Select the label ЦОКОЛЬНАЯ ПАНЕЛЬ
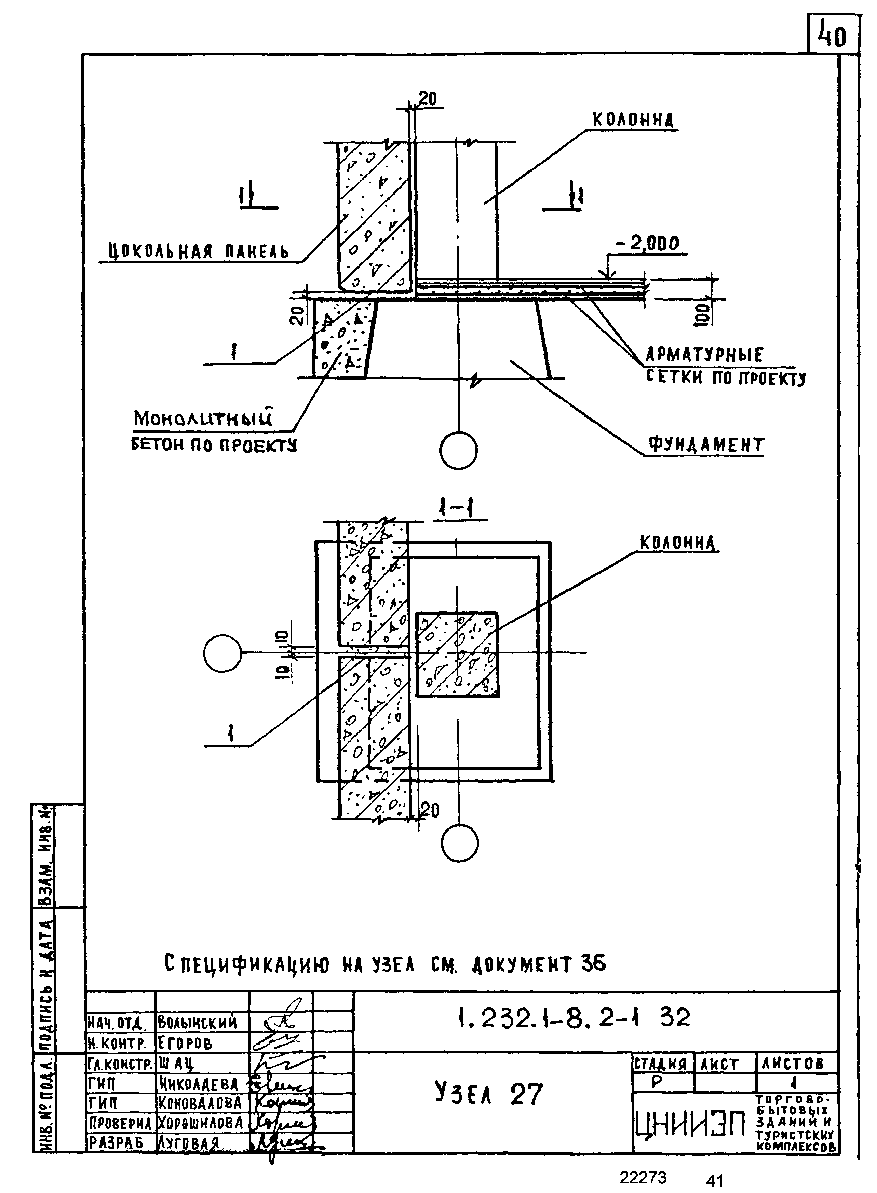click(199, 250)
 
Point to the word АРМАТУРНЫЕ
click(704, 355)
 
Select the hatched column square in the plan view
click(457, 654)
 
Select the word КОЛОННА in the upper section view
click(632, 121)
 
